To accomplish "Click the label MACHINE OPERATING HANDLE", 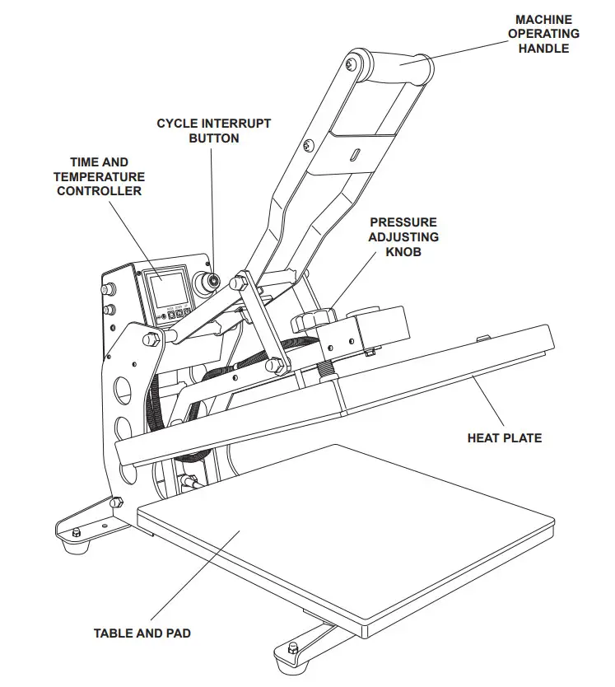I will click(x=543, y=34).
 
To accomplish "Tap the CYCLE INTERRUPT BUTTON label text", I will click(x=214, y=131).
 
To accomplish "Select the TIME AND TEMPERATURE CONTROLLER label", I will click(x=99, y=176).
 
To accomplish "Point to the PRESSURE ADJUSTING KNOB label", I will click(x=403, y=237).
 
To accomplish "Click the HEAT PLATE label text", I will click(x=505, y=438).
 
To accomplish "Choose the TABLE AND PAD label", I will click(x=142, y=633).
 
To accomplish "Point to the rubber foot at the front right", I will click(x=294, y=651).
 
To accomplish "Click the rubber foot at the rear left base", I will click(x=77, y=533).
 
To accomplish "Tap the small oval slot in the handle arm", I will click(x=356, y=154).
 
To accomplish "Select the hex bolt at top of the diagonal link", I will click(x=240, y=283).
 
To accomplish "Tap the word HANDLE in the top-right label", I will click(x=543, y=49).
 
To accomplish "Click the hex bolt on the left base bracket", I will click(x=116, y=501).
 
